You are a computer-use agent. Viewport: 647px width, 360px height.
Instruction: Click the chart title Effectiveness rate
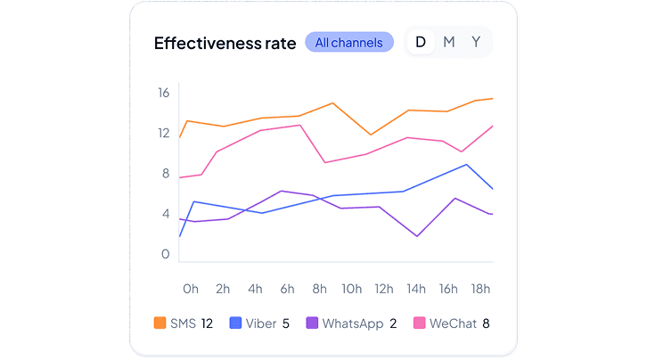[x=225, y=43]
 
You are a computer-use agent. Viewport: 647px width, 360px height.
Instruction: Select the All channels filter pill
[x=349, y=42]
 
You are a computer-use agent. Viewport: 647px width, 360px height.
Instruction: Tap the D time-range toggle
[x=421, y=42]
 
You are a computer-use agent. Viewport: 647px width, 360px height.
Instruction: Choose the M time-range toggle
[x=449, y=42]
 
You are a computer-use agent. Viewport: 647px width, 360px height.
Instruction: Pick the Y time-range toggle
[x=476, y=42]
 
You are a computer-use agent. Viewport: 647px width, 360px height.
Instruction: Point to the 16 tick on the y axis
[x=164, y=93]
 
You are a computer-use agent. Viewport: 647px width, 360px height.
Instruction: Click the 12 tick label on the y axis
[x=164, y=133]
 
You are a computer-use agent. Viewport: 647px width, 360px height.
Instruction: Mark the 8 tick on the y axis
[x=165, y=173]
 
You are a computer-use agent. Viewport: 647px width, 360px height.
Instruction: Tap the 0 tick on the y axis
[x=165, y=254]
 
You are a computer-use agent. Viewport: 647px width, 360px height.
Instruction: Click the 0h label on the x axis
[x=191, y=289]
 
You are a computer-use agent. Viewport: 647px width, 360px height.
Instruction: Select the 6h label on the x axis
[x=287, y=289]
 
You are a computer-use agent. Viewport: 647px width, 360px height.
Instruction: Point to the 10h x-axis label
[x=351, y=289]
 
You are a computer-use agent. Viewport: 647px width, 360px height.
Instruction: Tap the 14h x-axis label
[x=415, y=289]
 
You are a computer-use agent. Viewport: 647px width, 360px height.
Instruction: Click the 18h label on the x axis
[x=480, y=289]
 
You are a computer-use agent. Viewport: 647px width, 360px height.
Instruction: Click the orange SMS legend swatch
[x=160, y=323]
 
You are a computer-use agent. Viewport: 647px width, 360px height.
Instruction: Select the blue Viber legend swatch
[x=236, y=323]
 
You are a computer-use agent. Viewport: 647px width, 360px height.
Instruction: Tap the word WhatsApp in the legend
[x=352, y=323]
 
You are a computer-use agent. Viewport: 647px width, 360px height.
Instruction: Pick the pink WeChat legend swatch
[x=418, y=323]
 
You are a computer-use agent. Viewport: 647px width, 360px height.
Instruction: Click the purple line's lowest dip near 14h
[x=417, y=236]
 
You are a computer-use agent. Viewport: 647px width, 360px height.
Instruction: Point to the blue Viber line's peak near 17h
[x=466, y=164]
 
